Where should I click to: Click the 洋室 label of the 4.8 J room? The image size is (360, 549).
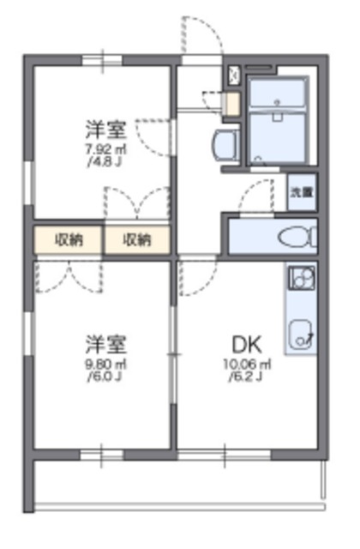coord(105,130)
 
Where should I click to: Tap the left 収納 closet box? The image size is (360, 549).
coord(69,239)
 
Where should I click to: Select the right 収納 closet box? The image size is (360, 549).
coord(136,239)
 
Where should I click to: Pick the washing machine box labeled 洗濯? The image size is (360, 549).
coord(300,193)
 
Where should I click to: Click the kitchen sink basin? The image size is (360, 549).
coord(301,335)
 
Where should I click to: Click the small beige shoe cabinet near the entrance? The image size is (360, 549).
coord(231,104)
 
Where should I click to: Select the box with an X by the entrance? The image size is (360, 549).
coord(235,75)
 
